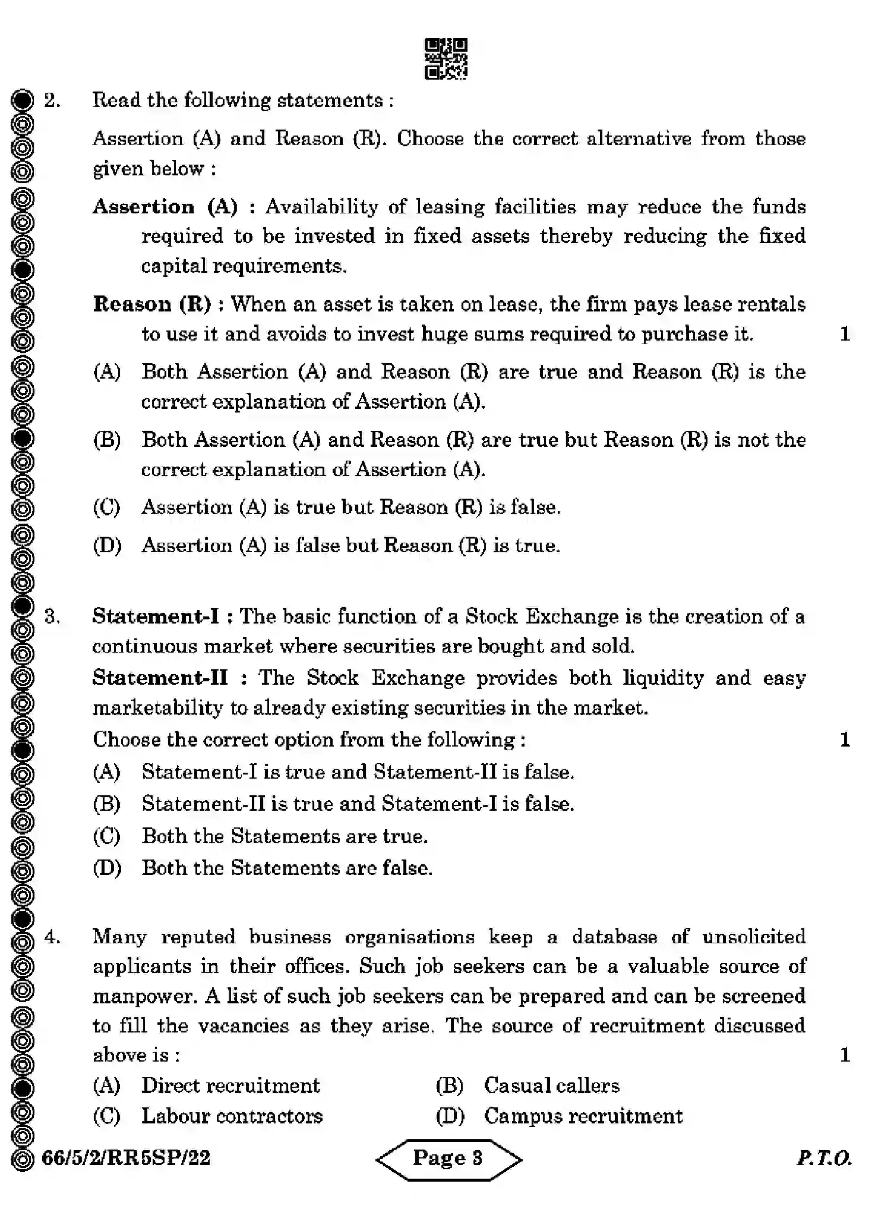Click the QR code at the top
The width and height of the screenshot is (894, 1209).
446,59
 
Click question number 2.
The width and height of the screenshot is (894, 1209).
52,100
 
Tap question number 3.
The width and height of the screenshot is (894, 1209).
52,616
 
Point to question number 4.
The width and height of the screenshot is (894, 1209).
52,937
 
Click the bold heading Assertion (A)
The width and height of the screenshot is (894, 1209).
165,207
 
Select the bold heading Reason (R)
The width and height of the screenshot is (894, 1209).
152,304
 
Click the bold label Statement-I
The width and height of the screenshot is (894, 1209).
156,616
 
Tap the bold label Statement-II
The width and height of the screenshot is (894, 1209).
160,678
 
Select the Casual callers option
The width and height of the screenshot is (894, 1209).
551,1085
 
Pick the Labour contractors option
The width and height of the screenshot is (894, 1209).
232,1116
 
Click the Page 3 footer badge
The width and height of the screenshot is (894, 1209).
448,1158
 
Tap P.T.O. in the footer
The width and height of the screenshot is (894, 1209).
824,1158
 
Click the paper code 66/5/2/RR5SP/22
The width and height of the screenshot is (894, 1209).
126,1158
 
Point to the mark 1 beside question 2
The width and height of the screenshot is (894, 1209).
845,334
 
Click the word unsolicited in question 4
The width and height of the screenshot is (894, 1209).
753,937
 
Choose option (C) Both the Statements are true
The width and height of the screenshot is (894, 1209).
285,836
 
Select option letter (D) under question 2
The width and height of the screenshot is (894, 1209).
107,546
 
